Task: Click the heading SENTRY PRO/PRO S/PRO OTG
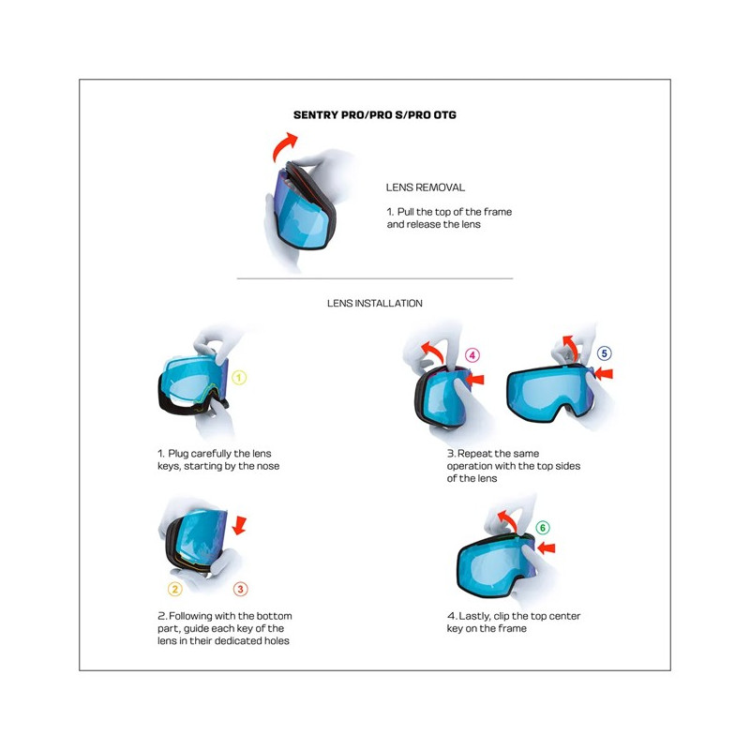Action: tap(375, 115)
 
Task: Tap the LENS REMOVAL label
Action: tap(425, 187)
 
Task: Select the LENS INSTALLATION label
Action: tap(375, 304)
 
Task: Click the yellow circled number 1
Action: tap(239, 378)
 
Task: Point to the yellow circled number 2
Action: tap(174, 589)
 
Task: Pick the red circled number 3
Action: tap(241, 589)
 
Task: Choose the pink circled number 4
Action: tap(472, 355)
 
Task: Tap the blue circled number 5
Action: tap(605, 353)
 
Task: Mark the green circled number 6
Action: tap(543, 528)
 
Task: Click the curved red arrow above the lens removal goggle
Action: tap(285, 146)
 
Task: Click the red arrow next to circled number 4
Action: tap(476, 379)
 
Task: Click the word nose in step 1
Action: tap(267, 466)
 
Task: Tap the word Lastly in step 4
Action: tap(475, 616)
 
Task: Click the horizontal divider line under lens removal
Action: tap(375, 278)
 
